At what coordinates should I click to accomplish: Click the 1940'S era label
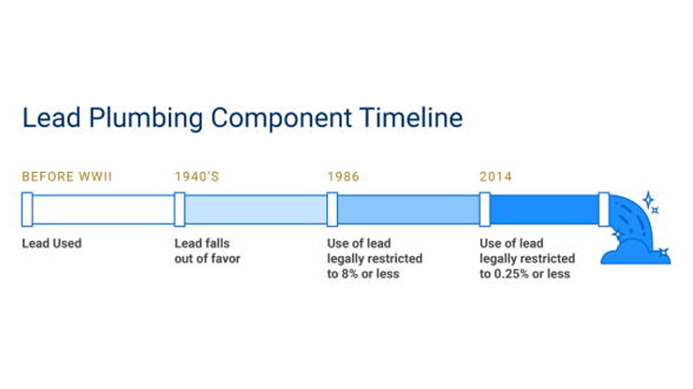[197, 176]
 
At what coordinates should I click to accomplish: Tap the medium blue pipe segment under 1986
[407, 209]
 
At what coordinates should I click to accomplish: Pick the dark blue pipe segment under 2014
[544, 209]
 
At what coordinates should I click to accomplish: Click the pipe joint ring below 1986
[332, 209]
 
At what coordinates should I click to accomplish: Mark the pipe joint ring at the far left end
[27, 209]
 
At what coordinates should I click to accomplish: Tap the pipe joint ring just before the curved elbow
[604, 209]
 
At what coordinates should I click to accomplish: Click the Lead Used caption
[52, 244]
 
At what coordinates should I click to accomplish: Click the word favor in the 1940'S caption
[223, 259]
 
